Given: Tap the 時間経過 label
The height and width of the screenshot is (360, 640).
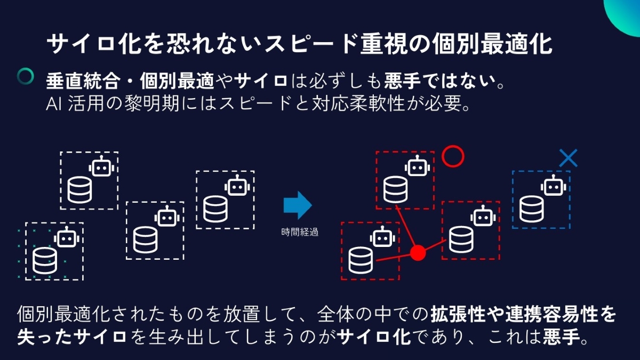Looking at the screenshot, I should [x=300, y=233].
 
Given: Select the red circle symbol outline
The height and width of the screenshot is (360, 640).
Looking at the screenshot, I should [x=453, y=156].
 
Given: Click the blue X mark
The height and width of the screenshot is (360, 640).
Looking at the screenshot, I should [x=568, y=158].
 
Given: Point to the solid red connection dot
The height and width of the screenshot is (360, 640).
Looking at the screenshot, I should [x=418, y=252].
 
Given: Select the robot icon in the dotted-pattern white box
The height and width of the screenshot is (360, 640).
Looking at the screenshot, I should [x=67, y=238].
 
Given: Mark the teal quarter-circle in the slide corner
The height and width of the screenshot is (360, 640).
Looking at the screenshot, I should [x=625, y=12].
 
